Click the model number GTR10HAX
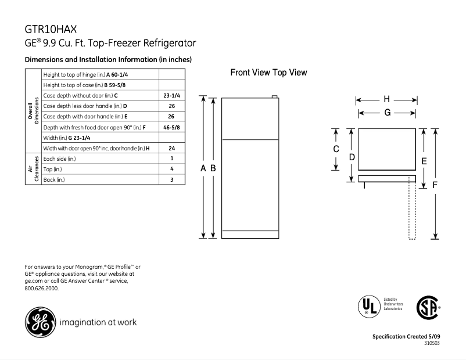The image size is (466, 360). pyautogui.click(x=51, y=28)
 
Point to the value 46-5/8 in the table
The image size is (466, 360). pyautogui.click(x=172, y=126)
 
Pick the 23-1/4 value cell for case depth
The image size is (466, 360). pyautogui.click(x=172, y=95)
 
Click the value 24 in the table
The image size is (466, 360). pyautogui.click(x=172, y=148)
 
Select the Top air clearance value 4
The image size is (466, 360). pyautogui.click(x=172, y=169)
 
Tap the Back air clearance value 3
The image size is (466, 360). pyautogui.click(x=172, y=179)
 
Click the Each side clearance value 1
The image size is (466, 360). pyautogui.click(x=172, y=159)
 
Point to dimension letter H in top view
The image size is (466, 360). pyautogui.click(x=386, y=99)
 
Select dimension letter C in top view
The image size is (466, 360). pyautogui.click(x=336, y=149)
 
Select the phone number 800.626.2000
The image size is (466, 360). pyautogui.click(x=41, y=288)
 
